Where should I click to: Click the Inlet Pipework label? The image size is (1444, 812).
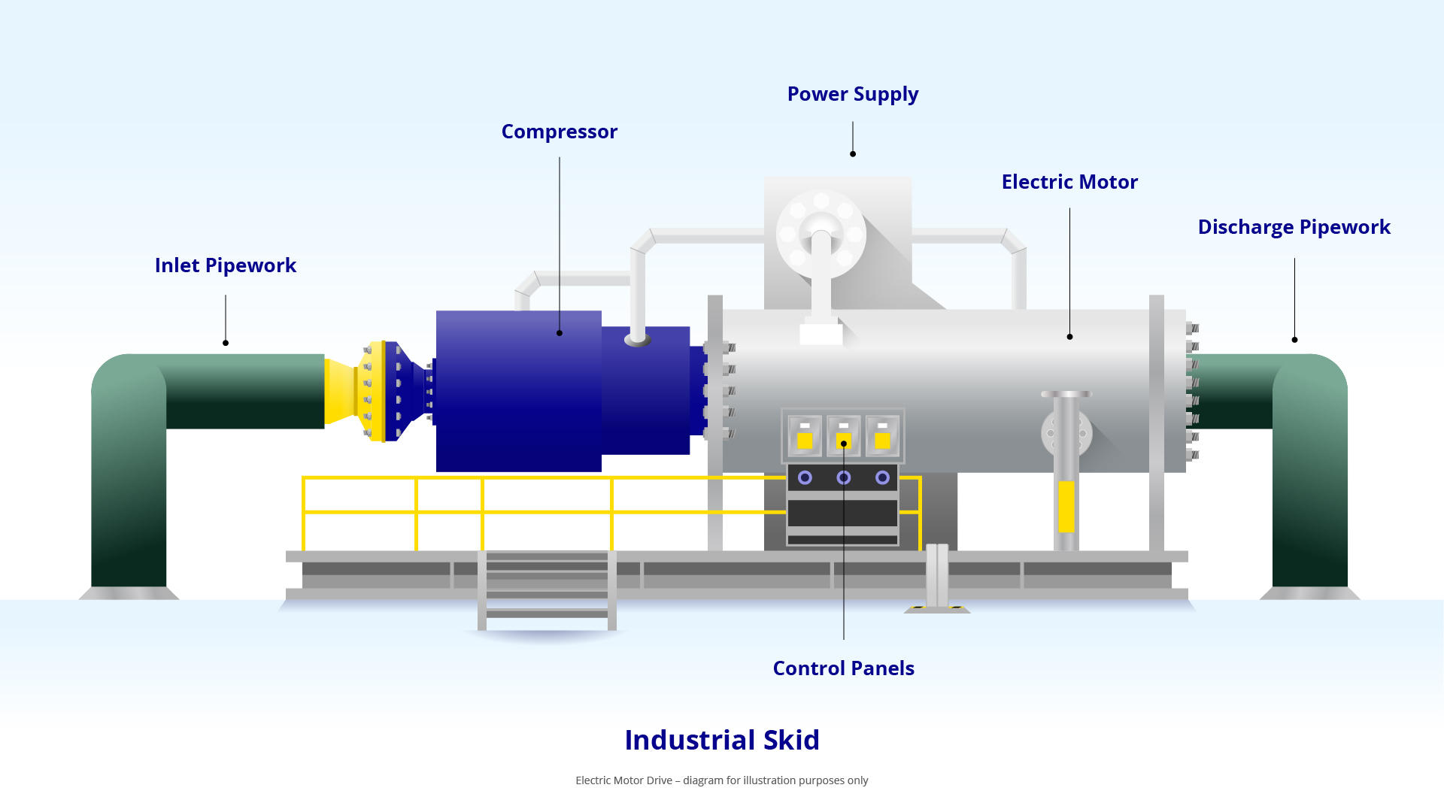(x=225, y=265)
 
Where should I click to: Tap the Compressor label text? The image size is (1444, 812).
(x=559, y=132)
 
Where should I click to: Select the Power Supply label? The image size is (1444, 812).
(x=852, y=94)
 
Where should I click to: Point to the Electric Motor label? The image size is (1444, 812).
(x=1069, y=182)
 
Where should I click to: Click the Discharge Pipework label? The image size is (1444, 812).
(x=1294, y=227)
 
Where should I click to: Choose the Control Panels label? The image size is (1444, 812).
(x=843, y=668)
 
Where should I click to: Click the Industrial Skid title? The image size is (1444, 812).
(x=721, y=740)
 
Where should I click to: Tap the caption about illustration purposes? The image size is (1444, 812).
(x=721, y=780)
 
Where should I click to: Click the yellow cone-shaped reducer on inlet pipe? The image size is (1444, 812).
(x=341, y=391)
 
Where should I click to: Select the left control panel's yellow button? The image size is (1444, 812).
(x=805, y=441)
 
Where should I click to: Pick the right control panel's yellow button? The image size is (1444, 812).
(x=882, y=441)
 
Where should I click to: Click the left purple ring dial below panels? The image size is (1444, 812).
(x=805, y=477)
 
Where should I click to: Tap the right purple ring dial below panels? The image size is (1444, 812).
(x=882, y=477)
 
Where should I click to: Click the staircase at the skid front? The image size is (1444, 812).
(x=547, y=591)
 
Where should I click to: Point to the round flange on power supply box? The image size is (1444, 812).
(x=821, y=234)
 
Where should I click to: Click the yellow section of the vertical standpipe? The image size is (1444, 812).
(x=1066, y=506)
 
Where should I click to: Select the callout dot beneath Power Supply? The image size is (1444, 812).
(x=853, y=154)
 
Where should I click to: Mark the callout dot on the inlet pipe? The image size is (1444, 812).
(x=226, y=343)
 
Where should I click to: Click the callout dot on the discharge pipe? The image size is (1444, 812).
(x=1294, y=340)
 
